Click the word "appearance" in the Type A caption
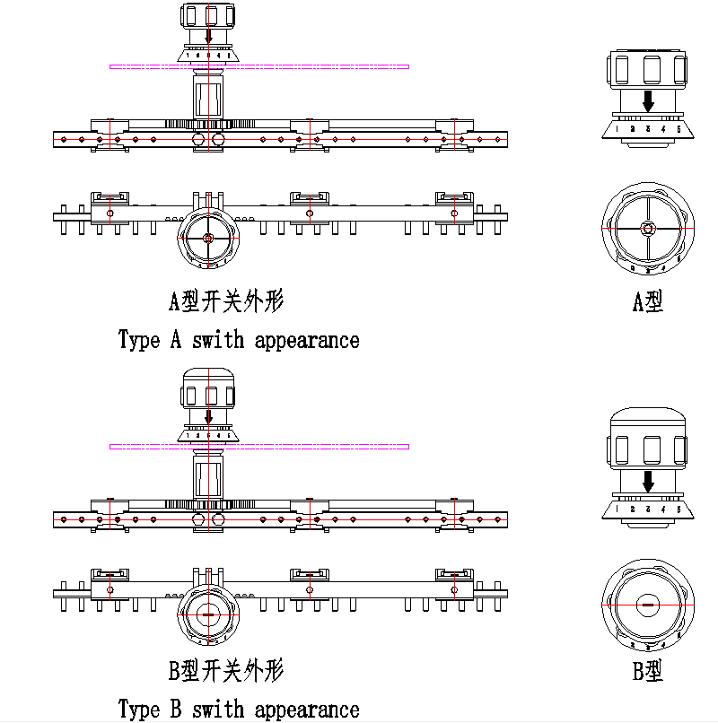pos(307,340)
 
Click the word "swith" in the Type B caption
pos(218,710)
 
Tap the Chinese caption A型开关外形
pos(226,301)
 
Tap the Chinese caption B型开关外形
pos(226,670)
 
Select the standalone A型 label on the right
pos(647,301)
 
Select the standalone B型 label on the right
pos(647,670)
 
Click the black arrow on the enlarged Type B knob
pos(648,479)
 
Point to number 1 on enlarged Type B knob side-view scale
pos(617,510)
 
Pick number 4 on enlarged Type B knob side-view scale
pos(663,510)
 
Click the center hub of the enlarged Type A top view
pos(647,228)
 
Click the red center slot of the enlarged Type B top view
pos(647,605)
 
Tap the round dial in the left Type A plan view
pos(208,238)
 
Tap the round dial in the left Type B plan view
pos(208,615)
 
